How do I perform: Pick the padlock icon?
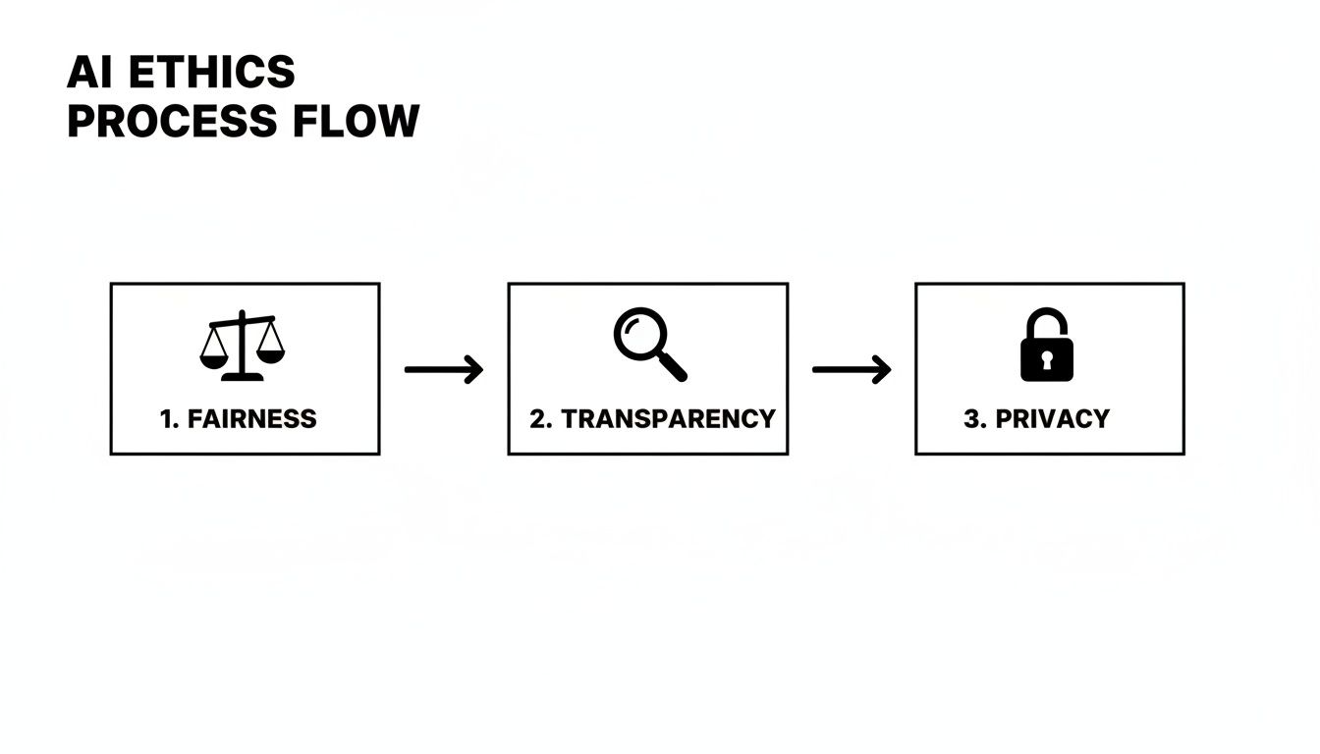1047,346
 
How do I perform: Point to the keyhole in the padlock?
1047,360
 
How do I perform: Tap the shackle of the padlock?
1047,322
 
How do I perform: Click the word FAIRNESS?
251,419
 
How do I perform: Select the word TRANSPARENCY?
668,419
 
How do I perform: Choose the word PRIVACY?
1052,419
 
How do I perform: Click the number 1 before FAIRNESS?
167,419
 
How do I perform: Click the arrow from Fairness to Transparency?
444,370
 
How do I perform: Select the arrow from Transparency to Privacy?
852,370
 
